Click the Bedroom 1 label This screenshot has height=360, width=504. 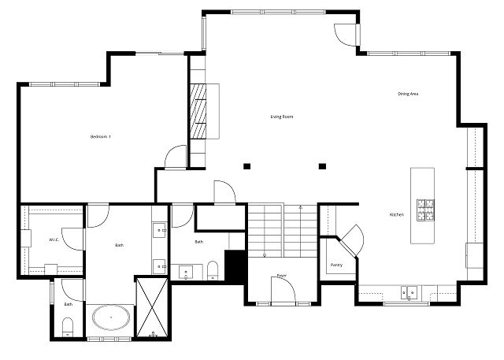(x=101, y=136)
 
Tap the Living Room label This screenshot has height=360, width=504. (x=282, y=117)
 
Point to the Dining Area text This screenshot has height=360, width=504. (x=408, y=94)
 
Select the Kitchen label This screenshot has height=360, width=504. (x=397, y=215)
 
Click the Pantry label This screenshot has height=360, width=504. (x=336, y=265)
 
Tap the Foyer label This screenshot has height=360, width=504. (x=282, y=276)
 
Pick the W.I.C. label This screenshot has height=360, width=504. (x=54, y=239)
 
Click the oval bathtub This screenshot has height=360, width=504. (x=111, y=317)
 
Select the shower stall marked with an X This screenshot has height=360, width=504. (x=152, y=308)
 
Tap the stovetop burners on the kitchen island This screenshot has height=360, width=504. (x=425, y=210)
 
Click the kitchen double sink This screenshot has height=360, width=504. (x=409, y=292)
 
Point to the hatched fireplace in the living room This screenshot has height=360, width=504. (x=198, y=111)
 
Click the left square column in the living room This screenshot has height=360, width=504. (x=246, y=166)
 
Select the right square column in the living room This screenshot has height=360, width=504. (x=322, y=166)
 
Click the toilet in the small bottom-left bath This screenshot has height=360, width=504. (x=68, y=327)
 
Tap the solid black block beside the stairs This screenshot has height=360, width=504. (x=236, y=267)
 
